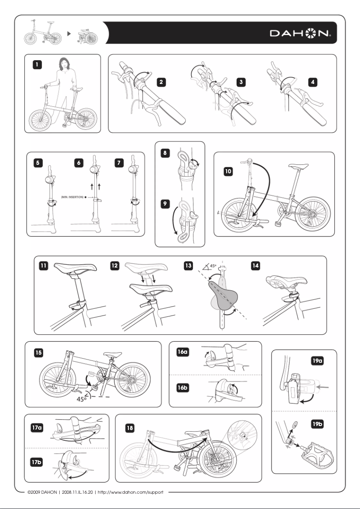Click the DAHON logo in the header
click(x=300, y=33)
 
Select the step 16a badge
click(x=182, y=352)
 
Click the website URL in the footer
click(x=133, y=491)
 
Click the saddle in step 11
click(x=75, y=268)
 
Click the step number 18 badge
click(x=129, y=429)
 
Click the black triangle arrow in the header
click(x=69, y=33)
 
